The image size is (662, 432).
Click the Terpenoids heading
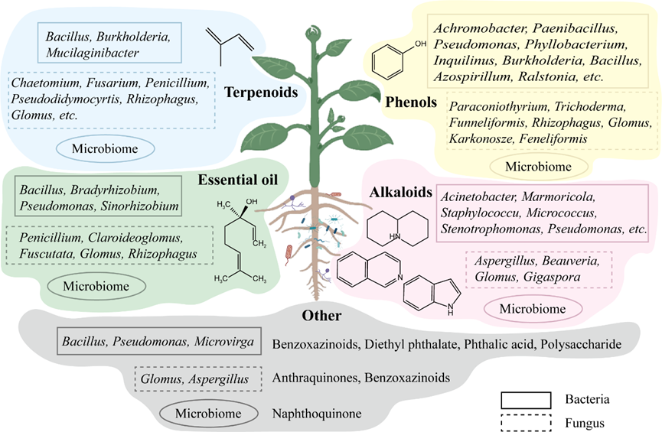261,93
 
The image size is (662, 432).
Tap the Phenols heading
411,102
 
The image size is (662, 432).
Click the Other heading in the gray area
321,316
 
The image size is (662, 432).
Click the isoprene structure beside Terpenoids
228,42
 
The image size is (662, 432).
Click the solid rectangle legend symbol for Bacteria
526,399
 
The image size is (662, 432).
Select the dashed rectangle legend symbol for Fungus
526,420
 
